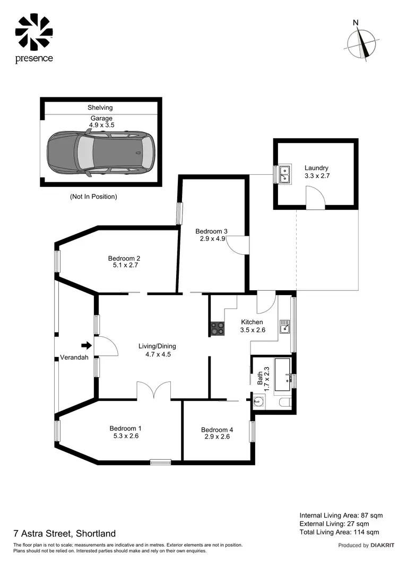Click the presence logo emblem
33,32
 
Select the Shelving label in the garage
100,108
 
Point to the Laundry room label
316,168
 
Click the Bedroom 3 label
211,231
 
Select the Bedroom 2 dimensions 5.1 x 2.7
124,266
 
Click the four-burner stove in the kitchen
218,329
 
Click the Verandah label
74,358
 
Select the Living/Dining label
157,346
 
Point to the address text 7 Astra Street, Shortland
64,533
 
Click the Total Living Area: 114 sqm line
339,532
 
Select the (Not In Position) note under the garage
93,197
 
